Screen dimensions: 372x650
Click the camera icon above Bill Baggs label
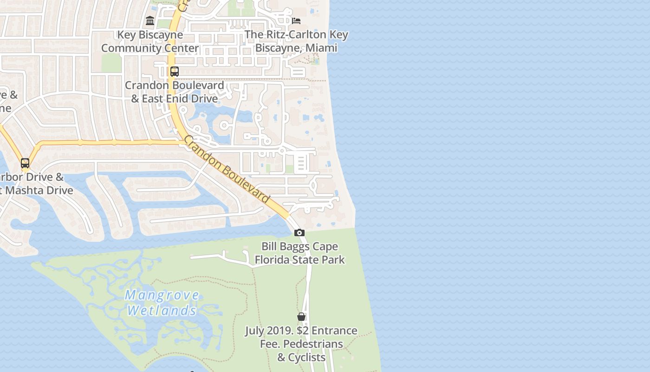tap(299, 232)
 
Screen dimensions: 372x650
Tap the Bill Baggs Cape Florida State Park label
tap(299, 253)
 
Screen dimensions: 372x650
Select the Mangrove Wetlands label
tap(162, 303)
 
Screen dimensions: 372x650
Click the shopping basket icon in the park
tap(301, 317)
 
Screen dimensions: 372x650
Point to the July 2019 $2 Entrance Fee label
tap(301, 344)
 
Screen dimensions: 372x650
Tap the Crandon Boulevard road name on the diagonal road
tap(227, 169)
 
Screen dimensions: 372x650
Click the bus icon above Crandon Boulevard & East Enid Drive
tap(175, 72)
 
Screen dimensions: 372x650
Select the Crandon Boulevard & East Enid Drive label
tap(174, 92)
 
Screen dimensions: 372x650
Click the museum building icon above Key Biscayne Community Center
tap(150, 21)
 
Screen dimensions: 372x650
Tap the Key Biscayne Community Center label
tap(150, 41)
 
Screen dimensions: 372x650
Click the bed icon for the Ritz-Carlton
tap(296, 21)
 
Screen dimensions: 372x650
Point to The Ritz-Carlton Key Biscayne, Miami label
tap(296, 41)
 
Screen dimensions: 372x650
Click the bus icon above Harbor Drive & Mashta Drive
tap(25, 163)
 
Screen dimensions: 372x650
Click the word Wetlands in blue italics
tap(162, 310)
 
